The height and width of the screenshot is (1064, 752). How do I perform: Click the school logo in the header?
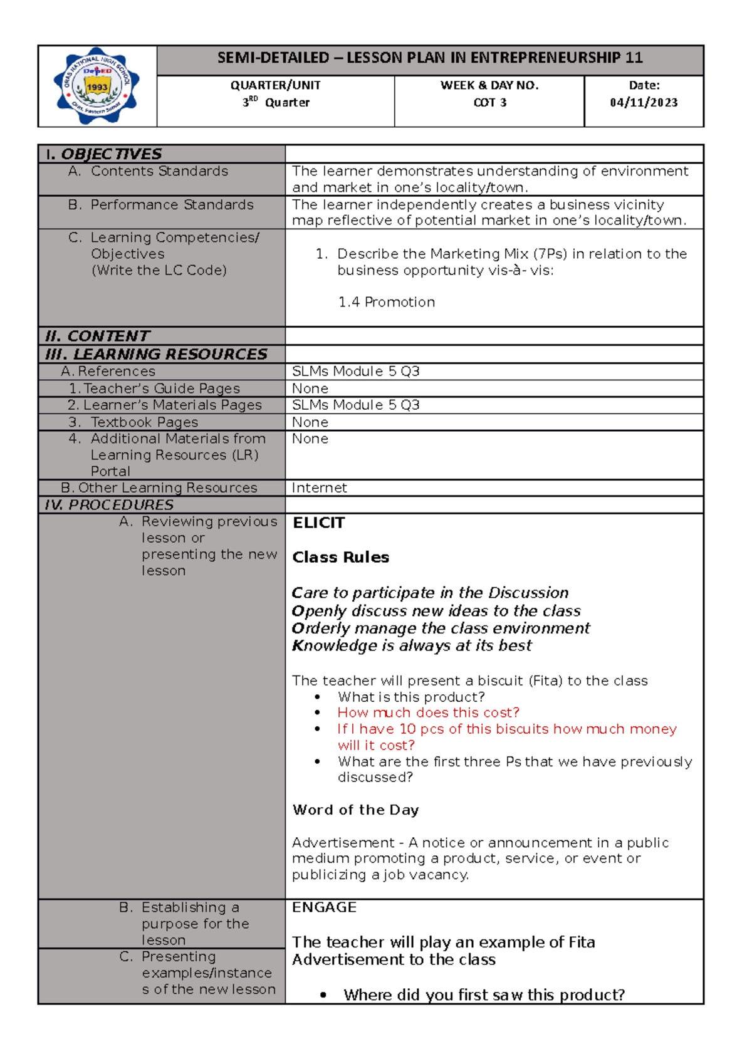click(x=97, y=86)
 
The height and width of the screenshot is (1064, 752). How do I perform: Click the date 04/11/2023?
click(x=644, y=103)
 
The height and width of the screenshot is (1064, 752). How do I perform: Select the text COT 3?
click(x=489, y=103)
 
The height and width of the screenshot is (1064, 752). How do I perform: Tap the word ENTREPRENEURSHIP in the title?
click(x=546, y=58)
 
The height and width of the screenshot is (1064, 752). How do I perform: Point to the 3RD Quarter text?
click(x=276, y=102)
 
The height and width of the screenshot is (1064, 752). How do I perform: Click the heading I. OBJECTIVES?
click(x=103, y=154)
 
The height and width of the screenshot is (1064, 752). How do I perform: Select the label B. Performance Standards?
click(x=160, y=205)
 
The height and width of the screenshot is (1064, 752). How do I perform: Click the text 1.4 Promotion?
click(x=387, y=302)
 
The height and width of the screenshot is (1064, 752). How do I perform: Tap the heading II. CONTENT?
click(x=97, y=336)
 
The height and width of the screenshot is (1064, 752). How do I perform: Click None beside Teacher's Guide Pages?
click(x=310, y=389)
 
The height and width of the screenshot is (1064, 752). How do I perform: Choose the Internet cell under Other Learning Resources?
click(x=320, y=488)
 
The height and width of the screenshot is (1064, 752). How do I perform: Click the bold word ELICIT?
click(x=318, y=523)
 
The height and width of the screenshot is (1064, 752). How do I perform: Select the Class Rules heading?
click(x=340, y=557)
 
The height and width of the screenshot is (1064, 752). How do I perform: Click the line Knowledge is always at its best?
click(x=412, y=645)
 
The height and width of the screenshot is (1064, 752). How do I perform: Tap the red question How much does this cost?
click(x=428, y=712)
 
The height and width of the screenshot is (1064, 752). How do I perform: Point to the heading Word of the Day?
click(x=355, y=810)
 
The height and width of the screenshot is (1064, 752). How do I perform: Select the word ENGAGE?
click(x=324, y=907)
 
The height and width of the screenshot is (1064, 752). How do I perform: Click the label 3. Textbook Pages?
click(x=133, y=422)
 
